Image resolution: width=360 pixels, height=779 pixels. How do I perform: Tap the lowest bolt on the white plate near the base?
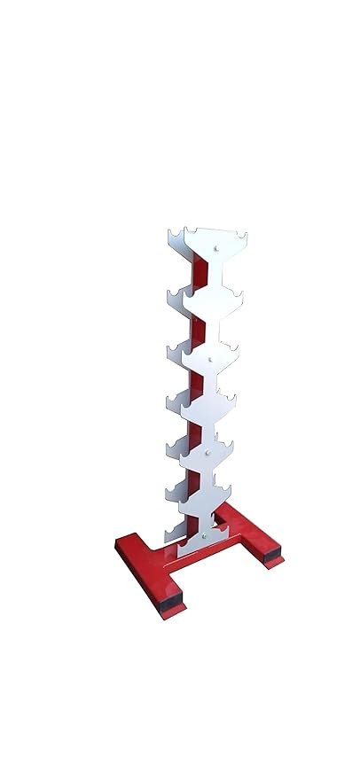(204, 534)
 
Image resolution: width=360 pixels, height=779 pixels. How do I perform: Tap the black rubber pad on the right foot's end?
(273, 559)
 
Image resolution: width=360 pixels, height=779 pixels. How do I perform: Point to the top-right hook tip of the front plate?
(244, 237)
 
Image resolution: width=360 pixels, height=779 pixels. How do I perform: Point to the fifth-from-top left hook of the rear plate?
(166, 448)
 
